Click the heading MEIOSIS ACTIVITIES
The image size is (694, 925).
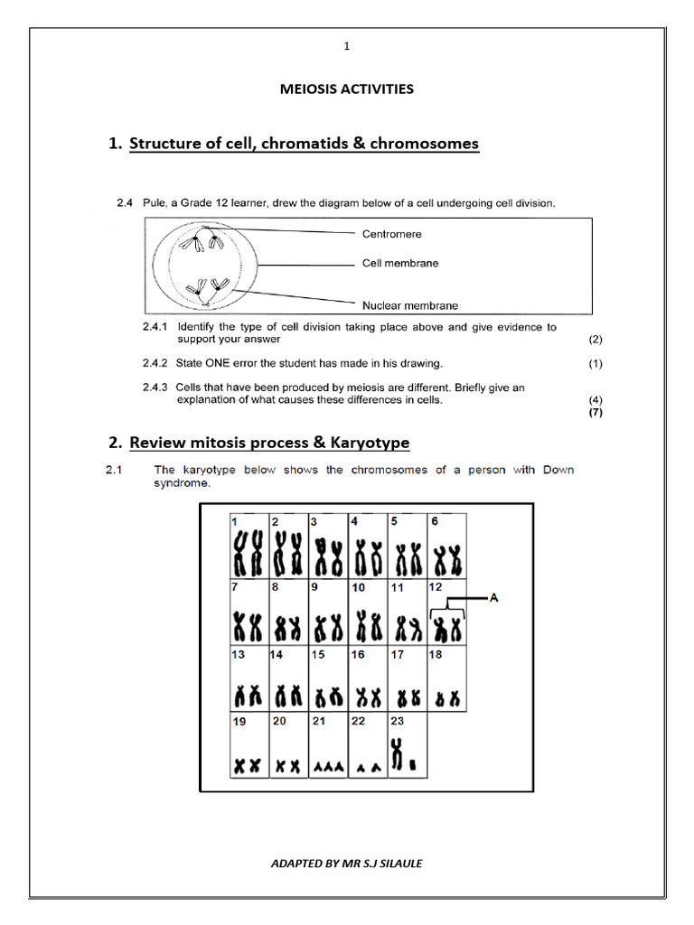[346, 89]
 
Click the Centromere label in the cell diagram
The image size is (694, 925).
[391, 234]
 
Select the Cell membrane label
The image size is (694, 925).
[400, 263]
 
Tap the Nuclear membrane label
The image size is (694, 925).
[409, 305]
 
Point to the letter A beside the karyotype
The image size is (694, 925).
[493, 597]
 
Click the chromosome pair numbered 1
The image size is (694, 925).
[248, 554]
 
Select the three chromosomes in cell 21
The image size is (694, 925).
[327, 766]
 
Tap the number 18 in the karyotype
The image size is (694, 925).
[436, 655]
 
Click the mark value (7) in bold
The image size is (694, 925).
[595, 413]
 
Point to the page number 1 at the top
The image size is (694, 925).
[346, 46]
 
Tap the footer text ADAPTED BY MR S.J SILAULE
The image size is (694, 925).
[346, 863]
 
